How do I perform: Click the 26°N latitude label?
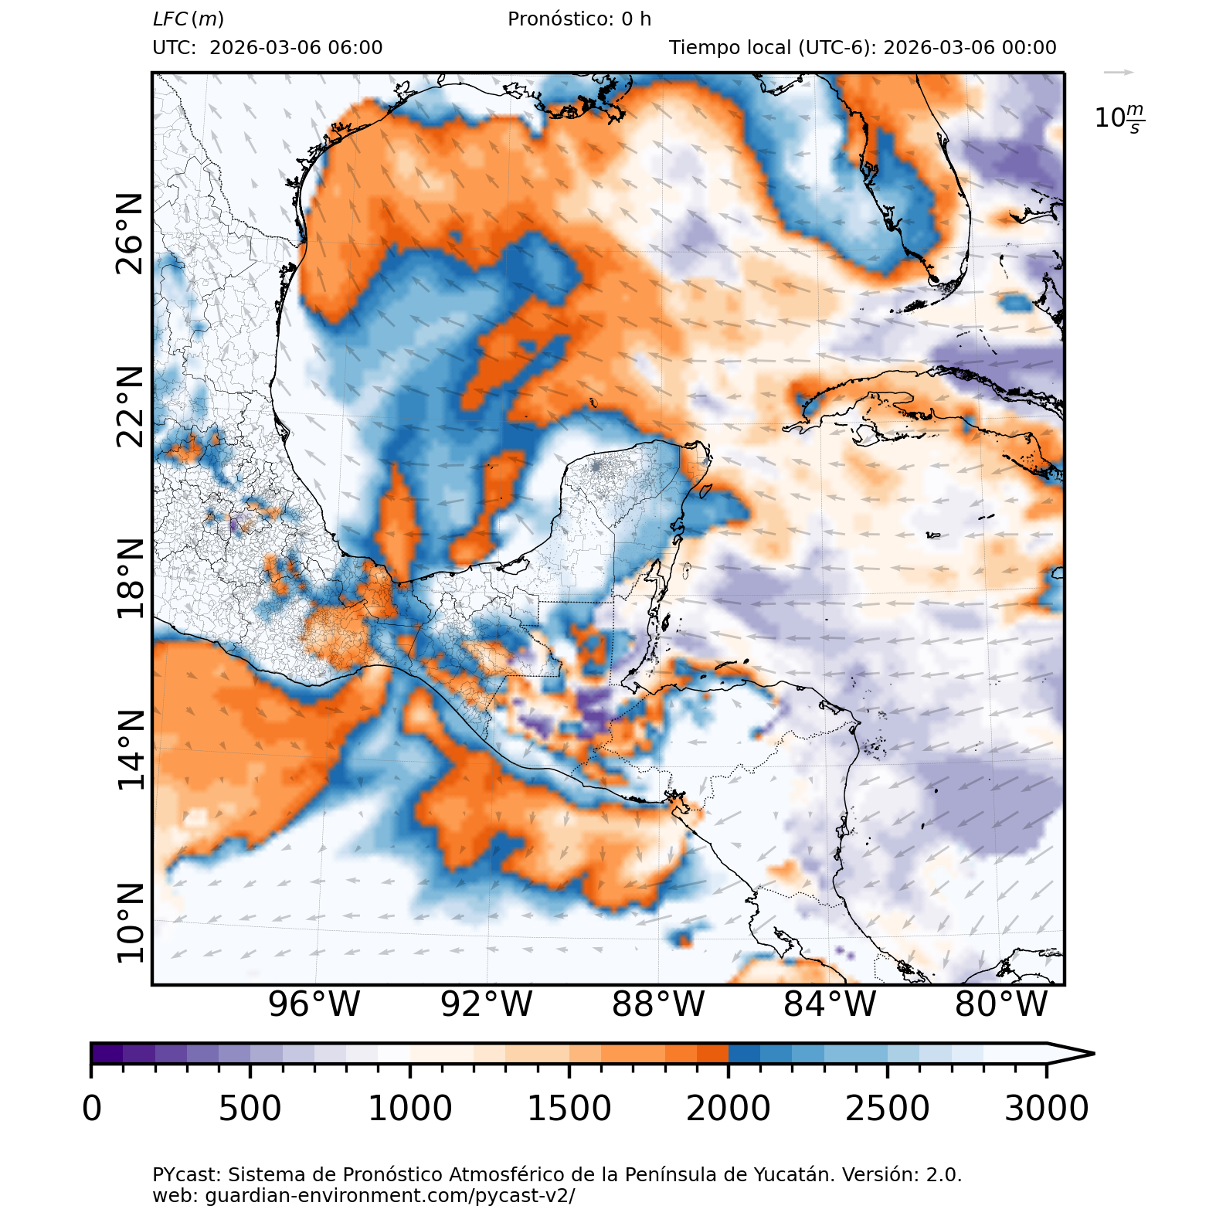(x=130, y=234)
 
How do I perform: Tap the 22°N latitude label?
(x=130, y=406)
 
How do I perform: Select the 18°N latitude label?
(x=130, y=579)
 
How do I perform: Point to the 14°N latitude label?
(x=130, y=750)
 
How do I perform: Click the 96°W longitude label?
(x=314, y=1004)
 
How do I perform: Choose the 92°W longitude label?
(x=486, y=1004)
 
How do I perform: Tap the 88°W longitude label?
(x=658, y=1004)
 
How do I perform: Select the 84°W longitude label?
(x=830, y=1004)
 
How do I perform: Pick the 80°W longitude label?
(x=1001, y=1004)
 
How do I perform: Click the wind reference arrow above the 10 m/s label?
(x=1118, y=73)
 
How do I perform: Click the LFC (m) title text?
(x=189, y=19)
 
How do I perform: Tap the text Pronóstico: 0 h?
(x=579, y=19)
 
